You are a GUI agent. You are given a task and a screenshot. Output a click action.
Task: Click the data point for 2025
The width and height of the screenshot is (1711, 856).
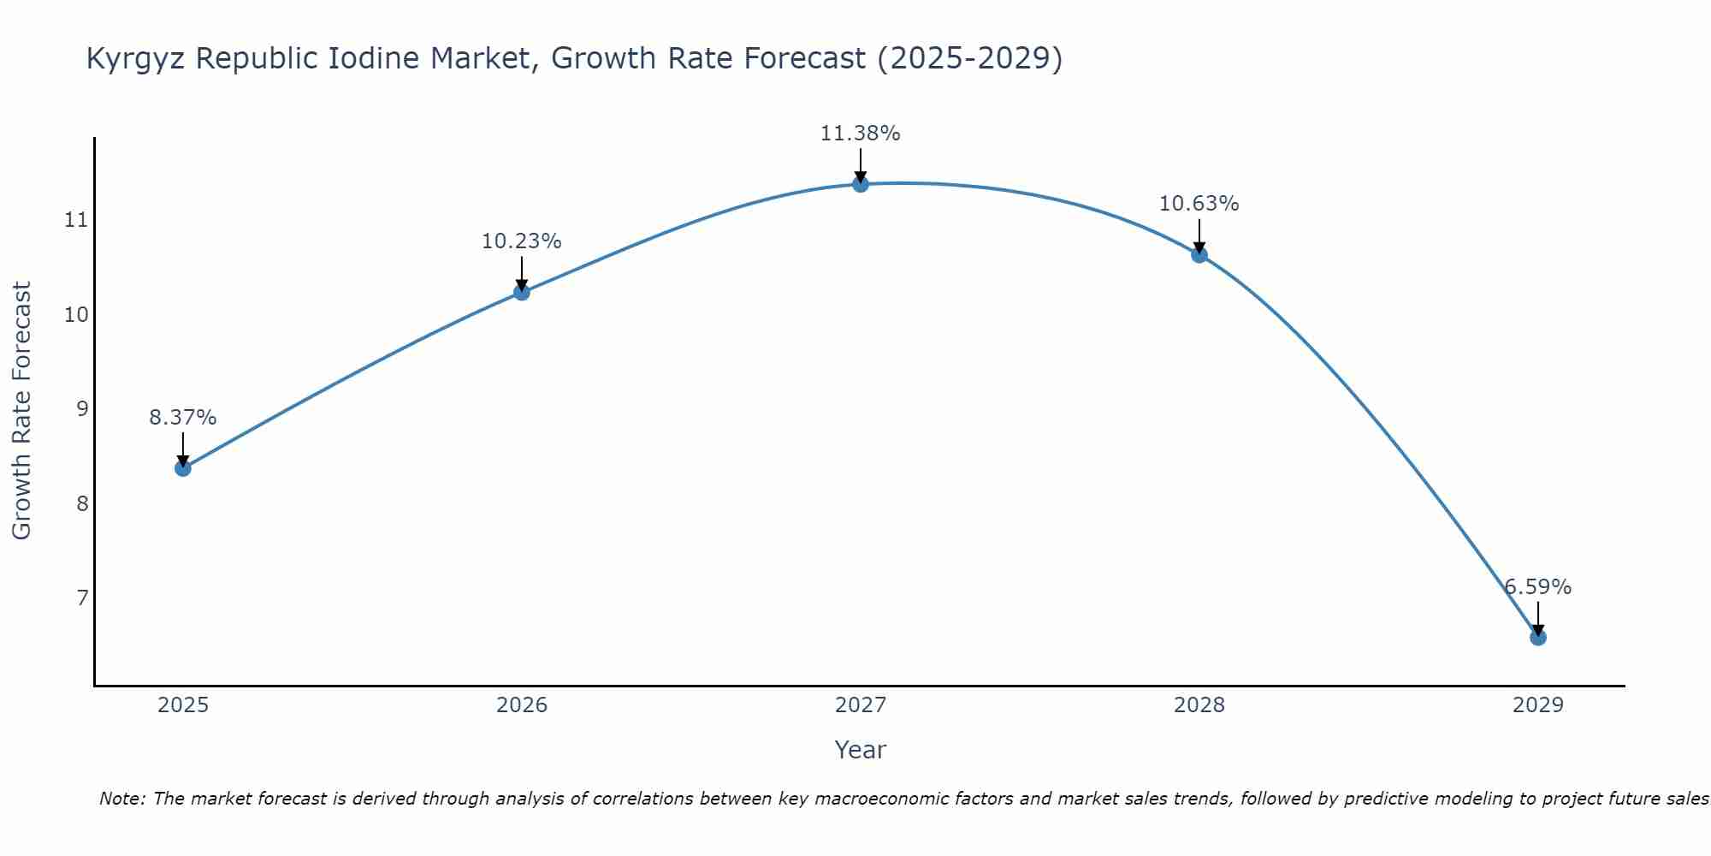(182, 468)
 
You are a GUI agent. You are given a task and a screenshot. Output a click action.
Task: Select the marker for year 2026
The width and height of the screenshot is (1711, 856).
(521, 293)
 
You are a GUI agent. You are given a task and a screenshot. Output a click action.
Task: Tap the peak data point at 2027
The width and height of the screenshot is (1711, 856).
(860, 184)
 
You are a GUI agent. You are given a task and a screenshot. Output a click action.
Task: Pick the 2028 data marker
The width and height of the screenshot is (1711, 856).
(1199, 255)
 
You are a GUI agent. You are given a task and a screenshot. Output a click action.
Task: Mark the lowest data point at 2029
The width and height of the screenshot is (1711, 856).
(1537, 638)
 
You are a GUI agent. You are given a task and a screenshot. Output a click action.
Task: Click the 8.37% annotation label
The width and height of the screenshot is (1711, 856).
(182, 418)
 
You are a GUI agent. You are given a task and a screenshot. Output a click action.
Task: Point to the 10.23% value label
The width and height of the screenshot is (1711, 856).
(521, 241)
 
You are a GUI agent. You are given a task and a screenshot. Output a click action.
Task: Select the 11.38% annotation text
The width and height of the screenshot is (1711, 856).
(860, 134)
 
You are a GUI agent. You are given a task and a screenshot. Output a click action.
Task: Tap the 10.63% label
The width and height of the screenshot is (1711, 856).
(1199, 204)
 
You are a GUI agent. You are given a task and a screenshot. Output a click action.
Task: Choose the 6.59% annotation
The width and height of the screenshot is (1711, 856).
(1537, 587)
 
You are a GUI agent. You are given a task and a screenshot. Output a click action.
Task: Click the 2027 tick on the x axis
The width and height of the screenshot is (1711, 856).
(860, 705)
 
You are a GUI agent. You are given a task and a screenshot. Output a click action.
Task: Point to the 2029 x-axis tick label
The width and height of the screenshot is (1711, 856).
(1537, 705)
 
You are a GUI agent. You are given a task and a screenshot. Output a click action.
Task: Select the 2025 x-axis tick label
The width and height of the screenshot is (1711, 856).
(183, 705)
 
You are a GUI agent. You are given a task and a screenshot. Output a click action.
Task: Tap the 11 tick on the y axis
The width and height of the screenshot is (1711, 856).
(76, 221)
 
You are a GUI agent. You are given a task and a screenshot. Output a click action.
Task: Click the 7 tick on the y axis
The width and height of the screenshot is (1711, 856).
(82, 597)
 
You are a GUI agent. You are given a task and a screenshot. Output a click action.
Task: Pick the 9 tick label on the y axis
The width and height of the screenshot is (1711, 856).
(82, 409)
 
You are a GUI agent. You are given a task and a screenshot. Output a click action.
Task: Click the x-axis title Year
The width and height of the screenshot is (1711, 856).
(860, 750)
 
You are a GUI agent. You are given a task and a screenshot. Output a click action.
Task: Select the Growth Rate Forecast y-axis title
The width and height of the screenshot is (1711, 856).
(21, 411)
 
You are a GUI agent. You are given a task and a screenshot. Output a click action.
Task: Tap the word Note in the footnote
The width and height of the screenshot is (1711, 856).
(122, 799)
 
